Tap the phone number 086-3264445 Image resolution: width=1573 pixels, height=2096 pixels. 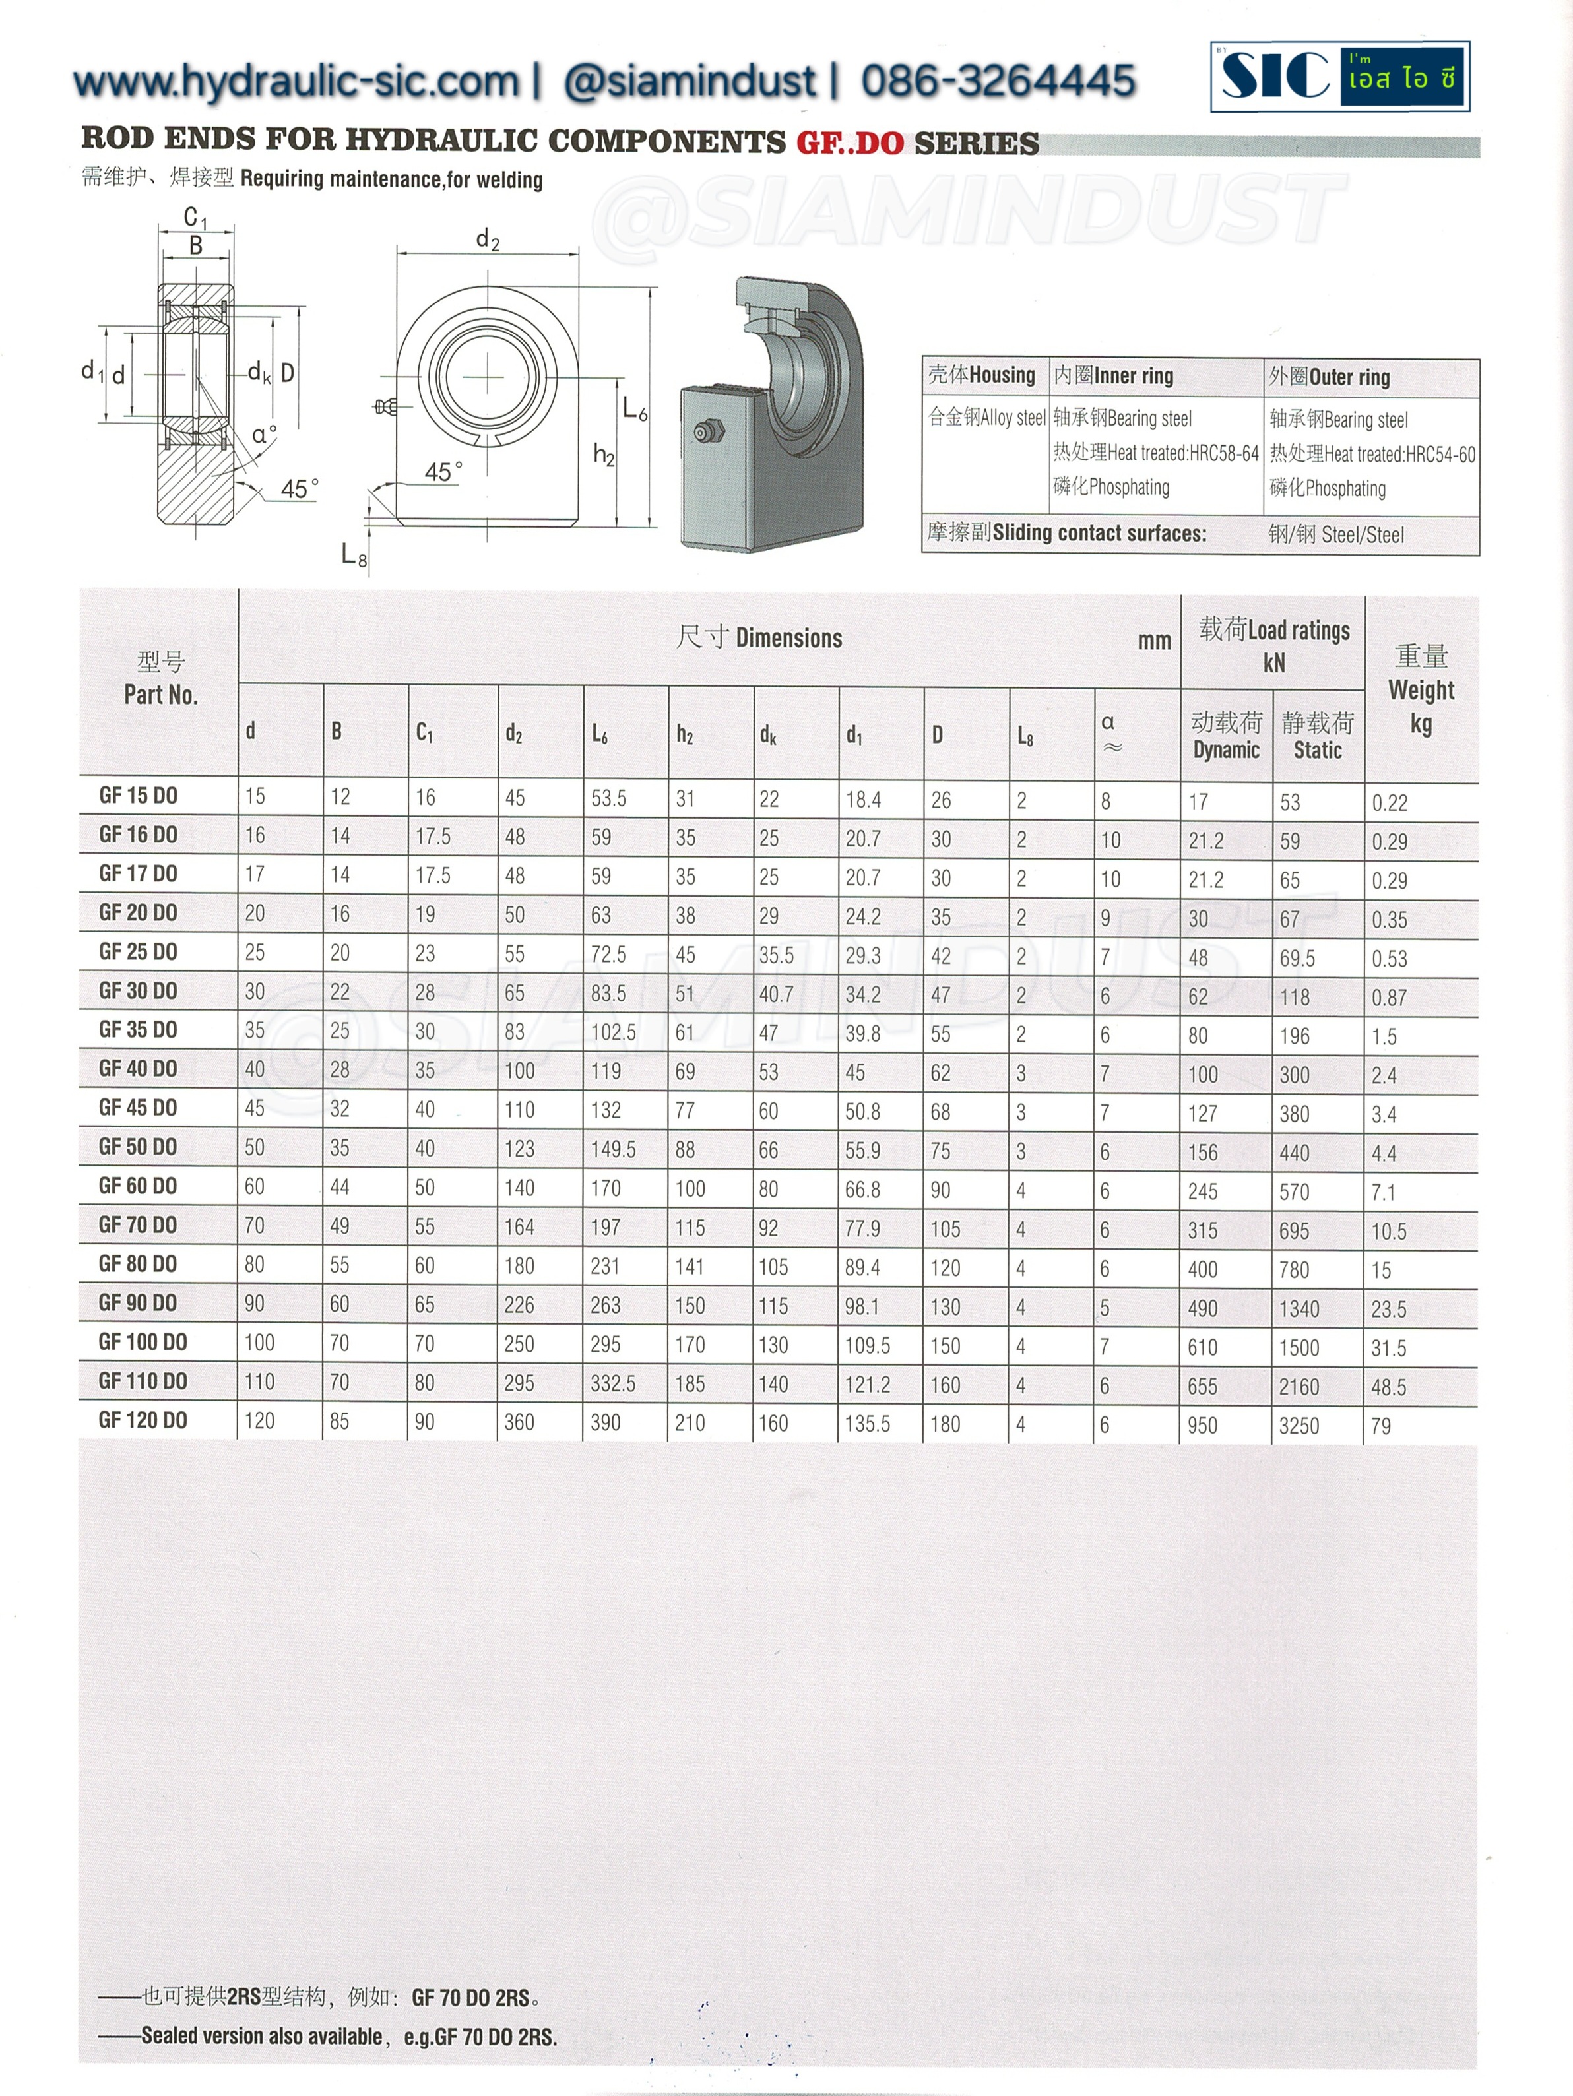coord(998,80)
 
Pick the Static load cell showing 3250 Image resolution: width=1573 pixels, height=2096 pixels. coord(1299,1425)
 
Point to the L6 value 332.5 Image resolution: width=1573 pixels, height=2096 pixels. coord(613,1384)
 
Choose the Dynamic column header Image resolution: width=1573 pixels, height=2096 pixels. coord(1226,736)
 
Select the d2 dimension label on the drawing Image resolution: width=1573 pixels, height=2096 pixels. coord(487,239)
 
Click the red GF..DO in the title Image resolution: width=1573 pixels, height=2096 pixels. coord(850,142)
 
